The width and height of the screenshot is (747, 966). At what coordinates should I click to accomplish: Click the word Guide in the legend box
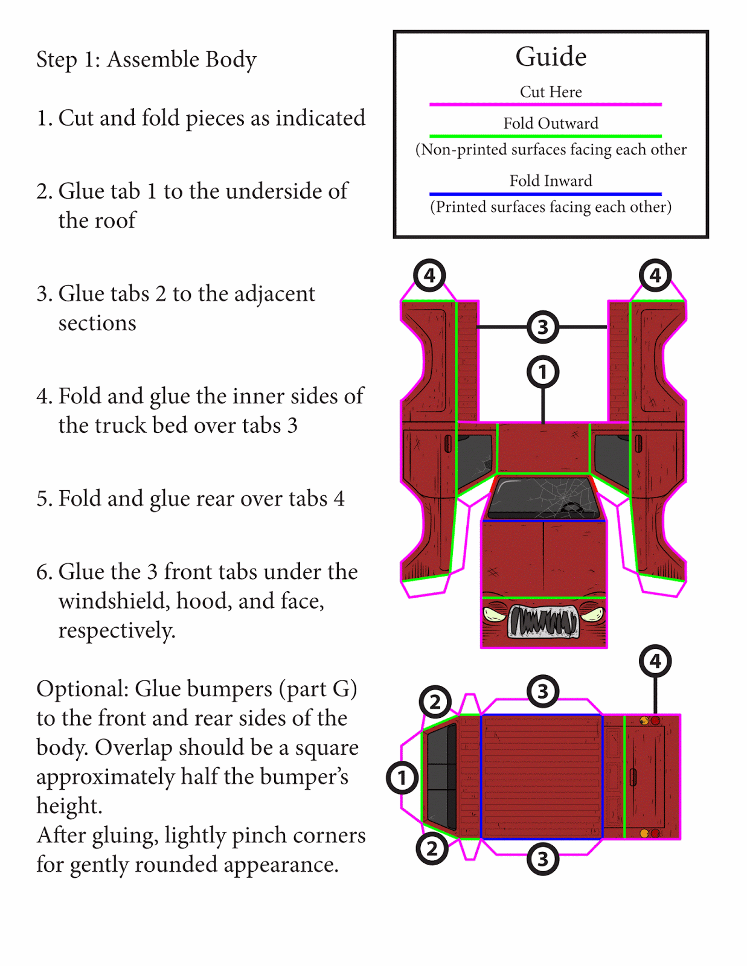click(x=551, y=57)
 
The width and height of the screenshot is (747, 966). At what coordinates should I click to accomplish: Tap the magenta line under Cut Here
click(x=545, y=104)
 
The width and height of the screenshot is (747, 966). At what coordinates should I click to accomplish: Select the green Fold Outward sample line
click(x=545, y=136)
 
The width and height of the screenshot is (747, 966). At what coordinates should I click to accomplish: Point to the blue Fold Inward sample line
click(x=545, y=194)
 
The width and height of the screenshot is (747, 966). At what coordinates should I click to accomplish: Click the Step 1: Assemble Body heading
click(x=146, y=60)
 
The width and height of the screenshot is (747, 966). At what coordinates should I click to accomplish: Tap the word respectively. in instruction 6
click(x=117, y=630)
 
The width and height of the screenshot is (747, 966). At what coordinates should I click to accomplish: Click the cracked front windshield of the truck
click(x=543, y=497)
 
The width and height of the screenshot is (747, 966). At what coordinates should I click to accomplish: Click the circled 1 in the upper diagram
click(x=543, y=372)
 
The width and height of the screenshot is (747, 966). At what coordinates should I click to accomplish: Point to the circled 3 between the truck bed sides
click(x=543, y=327)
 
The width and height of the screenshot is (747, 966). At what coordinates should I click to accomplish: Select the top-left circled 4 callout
click(x=429, y=275)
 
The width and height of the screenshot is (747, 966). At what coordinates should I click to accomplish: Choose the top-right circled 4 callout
click(x=655, y=275)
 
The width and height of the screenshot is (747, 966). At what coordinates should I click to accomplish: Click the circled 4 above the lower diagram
click(x=655, y=661)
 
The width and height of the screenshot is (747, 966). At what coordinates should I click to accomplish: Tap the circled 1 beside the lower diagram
click(x=402, y=778)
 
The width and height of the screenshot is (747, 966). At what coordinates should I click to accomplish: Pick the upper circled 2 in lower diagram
click(x=435, y=702)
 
